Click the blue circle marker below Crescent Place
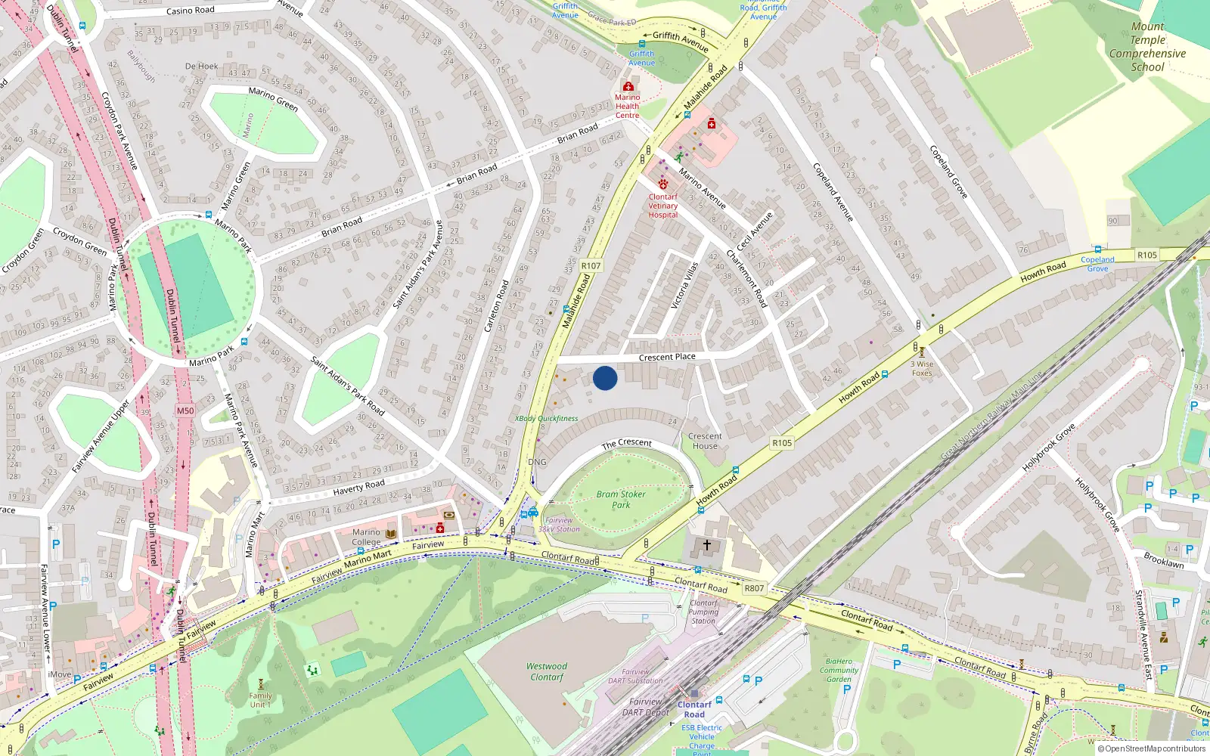click(605, 378)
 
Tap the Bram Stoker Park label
click(620, 499)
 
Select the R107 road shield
click(591, 265)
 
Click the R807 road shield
click(754, 588)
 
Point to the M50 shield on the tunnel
click(185, 411)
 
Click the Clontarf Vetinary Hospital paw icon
click(663, 184)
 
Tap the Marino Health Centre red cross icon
click(628, 87)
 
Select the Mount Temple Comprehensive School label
click(1147, 47)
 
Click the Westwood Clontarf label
click(546, 671)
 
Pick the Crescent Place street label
click(667, 357)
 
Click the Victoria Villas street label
click(684, 285)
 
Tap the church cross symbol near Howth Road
click(707, 545)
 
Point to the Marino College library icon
click(391, 534)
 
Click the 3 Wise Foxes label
click(922, 368)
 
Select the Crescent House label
click(705, 441)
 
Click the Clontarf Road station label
click(694, 709)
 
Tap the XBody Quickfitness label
click(546, 418)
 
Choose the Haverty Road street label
click(358, 488)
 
